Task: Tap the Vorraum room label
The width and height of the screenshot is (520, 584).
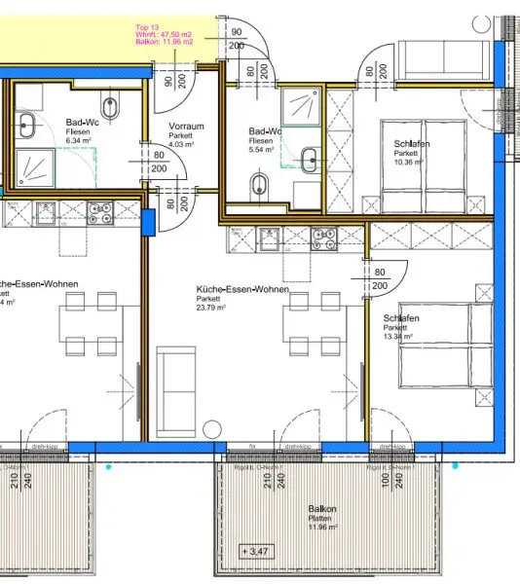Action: coord(185,128)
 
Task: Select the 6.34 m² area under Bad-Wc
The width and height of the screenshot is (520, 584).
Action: coord(78,140)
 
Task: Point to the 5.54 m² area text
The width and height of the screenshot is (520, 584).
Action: coord(262,150)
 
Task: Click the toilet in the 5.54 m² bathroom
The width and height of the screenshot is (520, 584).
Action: coord(261,183)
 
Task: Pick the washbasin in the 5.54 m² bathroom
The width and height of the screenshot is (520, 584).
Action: coord(310,159)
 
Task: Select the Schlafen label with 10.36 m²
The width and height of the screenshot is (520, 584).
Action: coord(412,145)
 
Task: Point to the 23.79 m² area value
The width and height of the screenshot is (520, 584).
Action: coord(210,308)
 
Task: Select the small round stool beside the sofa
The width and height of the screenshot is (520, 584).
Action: coord(210,426)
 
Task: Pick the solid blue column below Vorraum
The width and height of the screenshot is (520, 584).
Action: coord(150,222)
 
